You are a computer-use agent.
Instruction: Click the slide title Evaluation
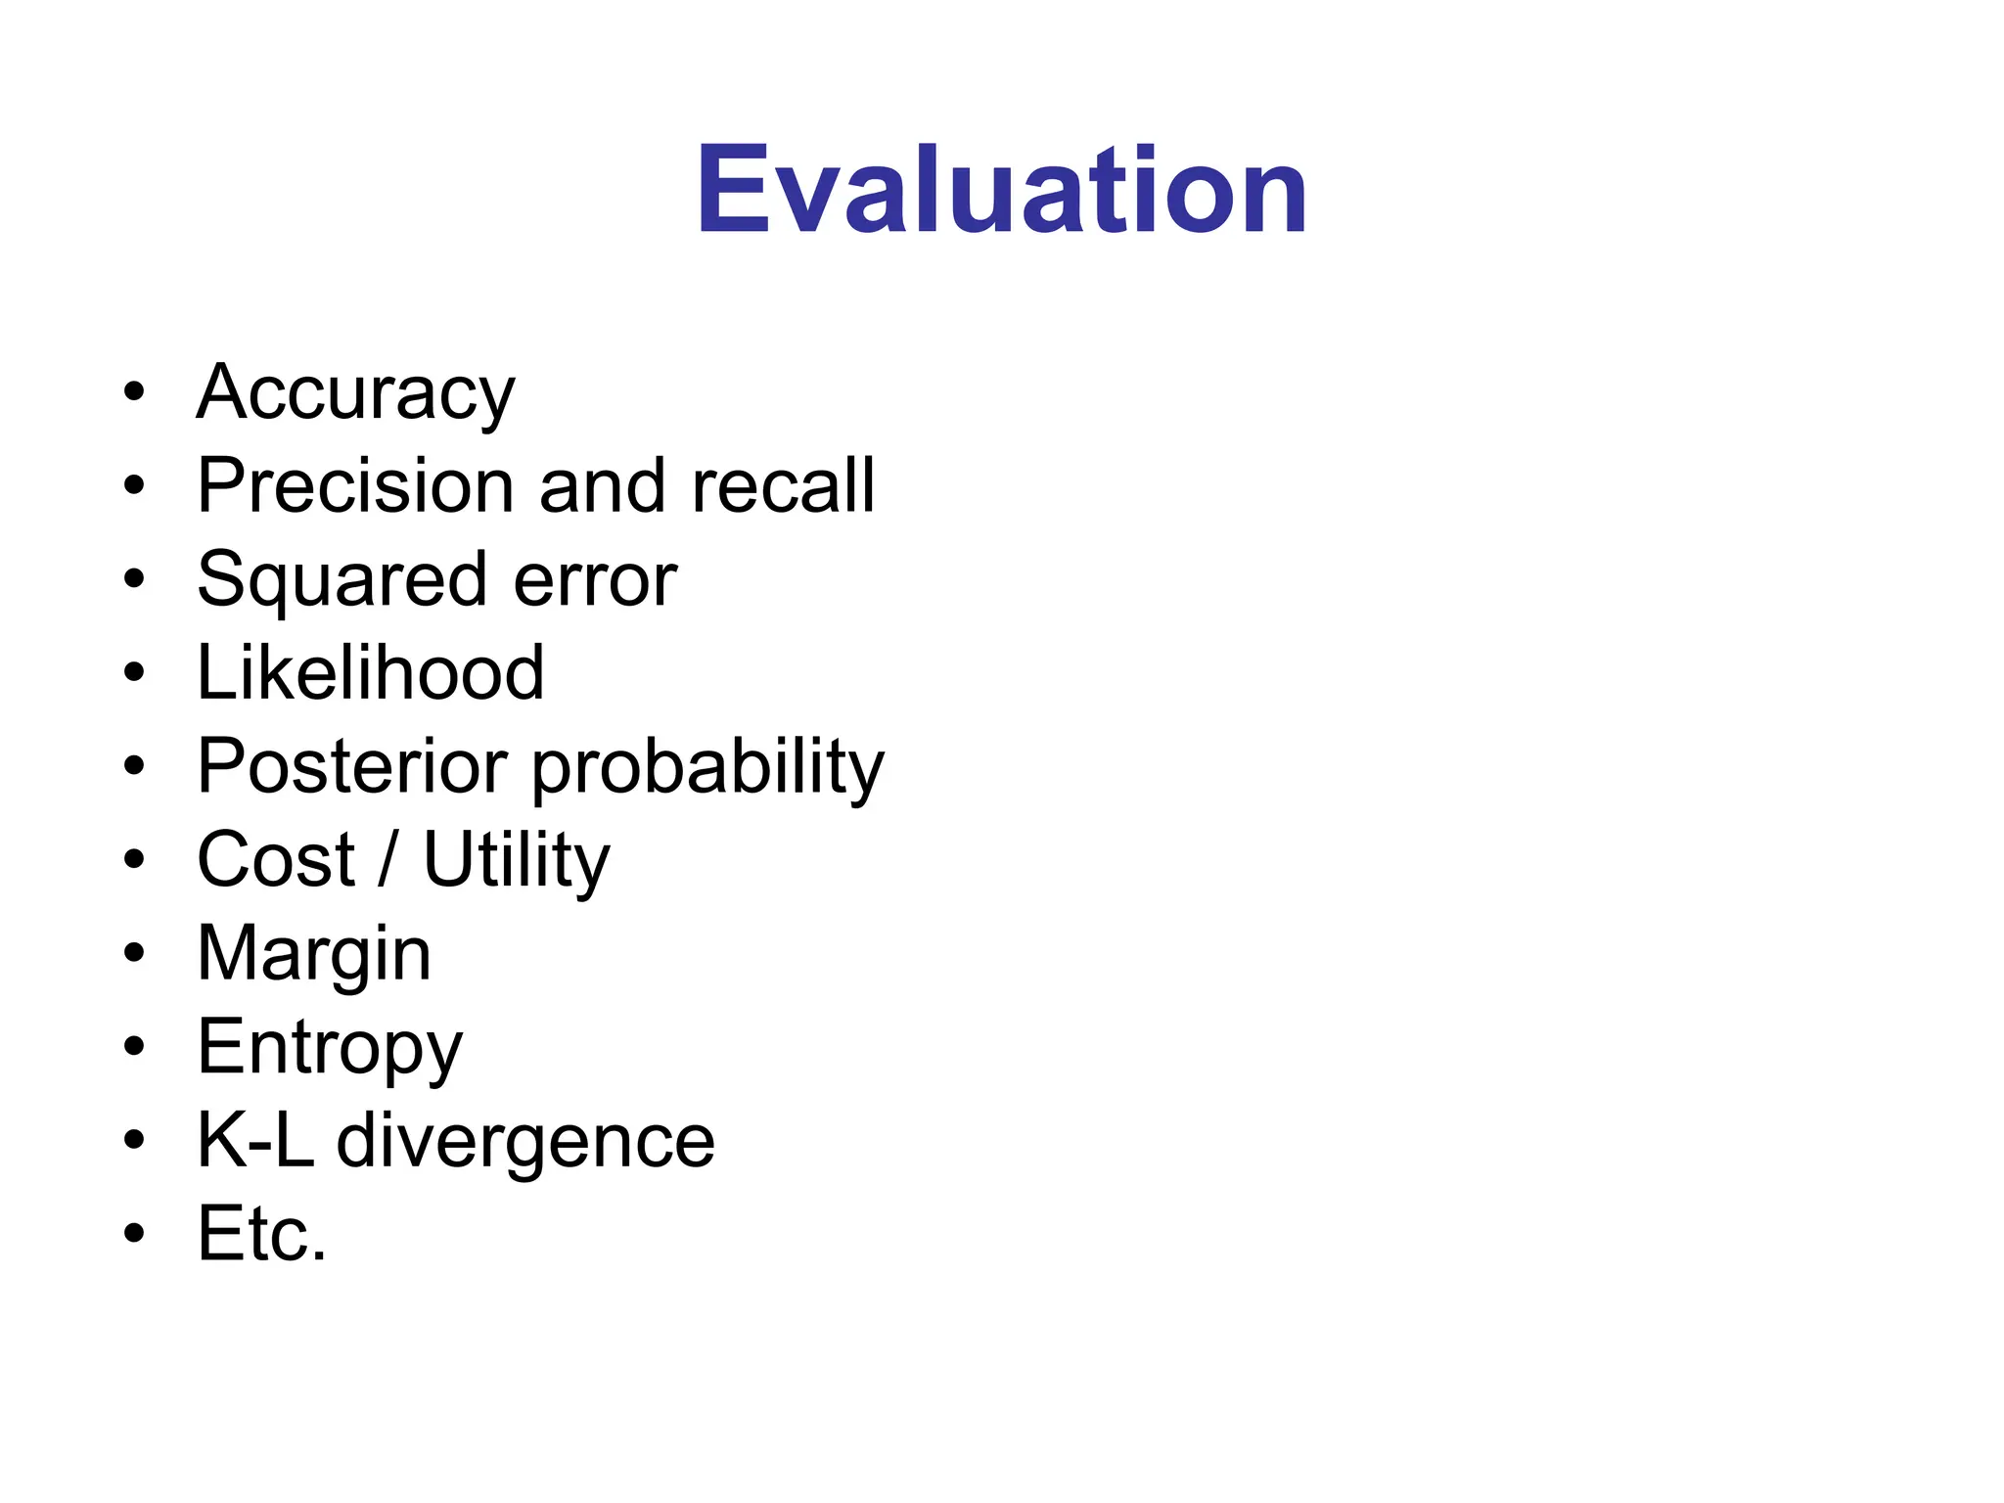(x=1001, y=190)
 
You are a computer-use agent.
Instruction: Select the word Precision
(x=355, y=485)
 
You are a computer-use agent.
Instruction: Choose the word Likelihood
(x=370, y=672)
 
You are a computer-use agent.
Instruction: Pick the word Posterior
(x=352, y=766)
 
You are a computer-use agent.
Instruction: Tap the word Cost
(x=275, y=860)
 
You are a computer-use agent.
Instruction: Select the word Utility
(x=516, y=860)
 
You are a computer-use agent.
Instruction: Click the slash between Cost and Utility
(x=388, y=860)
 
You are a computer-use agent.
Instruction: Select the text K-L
(x=255, y=1140)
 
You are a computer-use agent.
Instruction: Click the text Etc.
(x=261, y=1234)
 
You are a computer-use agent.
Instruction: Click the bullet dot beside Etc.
(x=134, y=1234)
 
